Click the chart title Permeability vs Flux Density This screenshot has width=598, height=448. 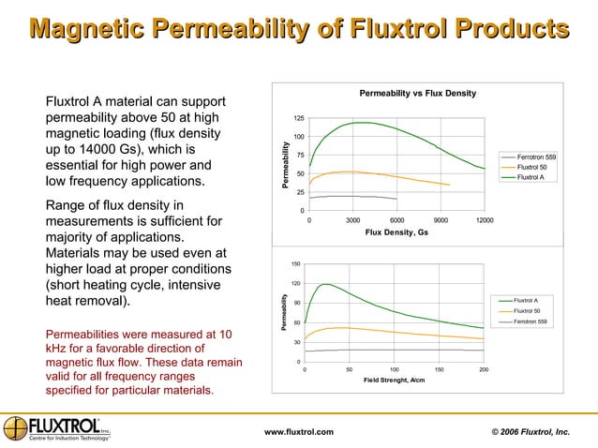[418, 94]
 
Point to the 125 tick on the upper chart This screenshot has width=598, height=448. [298, 119]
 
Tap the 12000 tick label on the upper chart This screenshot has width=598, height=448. [485, 219]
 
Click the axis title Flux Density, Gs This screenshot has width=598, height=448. [397, 231]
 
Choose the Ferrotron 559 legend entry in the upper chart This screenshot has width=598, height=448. [536, 157]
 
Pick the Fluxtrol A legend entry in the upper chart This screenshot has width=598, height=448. [531, 177]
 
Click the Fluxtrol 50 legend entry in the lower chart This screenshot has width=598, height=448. [527, 310]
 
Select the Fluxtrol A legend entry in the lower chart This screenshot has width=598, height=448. [526, 300]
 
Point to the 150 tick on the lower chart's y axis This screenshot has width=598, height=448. [295, 264]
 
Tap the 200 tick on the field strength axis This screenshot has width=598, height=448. [484, 369]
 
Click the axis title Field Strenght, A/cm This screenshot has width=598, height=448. [394, 380]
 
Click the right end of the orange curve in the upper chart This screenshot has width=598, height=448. [450, 185]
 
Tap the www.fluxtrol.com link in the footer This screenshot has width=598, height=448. [299, 430]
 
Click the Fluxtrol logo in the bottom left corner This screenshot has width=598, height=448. [56, 427]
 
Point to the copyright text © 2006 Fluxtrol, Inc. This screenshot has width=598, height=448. [531, 430]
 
